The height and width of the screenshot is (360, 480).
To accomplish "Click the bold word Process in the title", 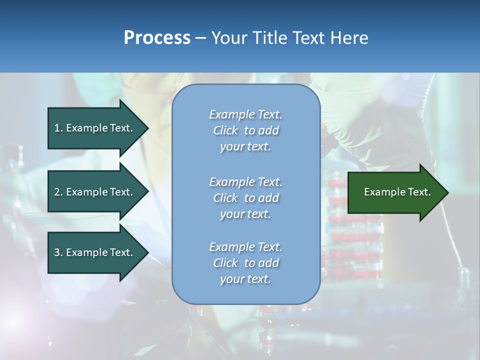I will pos(157,38).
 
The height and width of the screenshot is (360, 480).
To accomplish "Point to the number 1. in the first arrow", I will pos(58,128).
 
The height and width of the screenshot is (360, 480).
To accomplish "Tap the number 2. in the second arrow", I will pos(58,192).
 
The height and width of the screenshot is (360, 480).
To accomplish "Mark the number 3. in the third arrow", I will pos(58,252).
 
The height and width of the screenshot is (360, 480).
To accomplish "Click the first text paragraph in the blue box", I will pos(245,130).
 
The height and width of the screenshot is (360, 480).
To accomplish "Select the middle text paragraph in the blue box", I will pos(245,198).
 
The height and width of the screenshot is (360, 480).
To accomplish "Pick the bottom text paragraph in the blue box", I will pos(245,263).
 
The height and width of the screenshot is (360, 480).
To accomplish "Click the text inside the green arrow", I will pos(397,192).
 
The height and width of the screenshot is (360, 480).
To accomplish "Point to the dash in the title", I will pos(201,38).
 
